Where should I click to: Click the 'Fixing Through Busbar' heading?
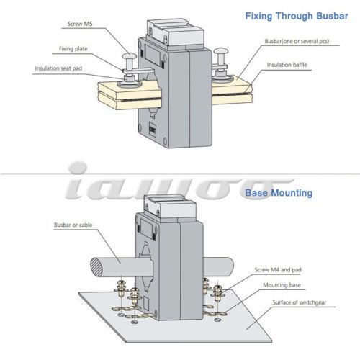point(297,16)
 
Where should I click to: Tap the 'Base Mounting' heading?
point(279,193)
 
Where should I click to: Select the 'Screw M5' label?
point(80,24)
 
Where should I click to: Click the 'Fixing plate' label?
point(73,49)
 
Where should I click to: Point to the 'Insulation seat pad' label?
point(58,68)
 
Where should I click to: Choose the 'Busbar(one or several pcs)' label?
point(297,41)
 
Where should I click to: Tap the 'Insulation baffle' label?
point(287,65)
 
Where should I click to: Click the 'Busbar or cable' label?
point(73,225)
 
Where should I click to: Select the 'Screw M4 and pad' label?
point(278,270)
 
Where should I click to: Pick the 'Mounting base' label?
point(282,285)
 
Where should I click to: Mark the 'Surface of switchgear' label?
point(300,302)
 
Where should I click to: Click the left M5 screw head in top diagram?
point(129,56)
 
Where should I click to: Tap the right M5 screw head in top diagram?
point(221,51)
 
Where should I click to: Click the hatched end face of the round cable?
point(96,268)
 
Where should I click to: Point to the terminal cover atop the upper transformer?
point(176,32)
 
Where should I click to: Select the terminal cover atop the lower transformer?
point(170,206)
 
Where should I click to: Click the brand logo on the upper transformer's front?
point(152,129)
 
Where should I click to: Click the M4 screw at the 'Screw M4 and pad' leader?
point(217,293)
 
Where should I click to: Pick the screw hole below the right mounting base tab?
point(217,320)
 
